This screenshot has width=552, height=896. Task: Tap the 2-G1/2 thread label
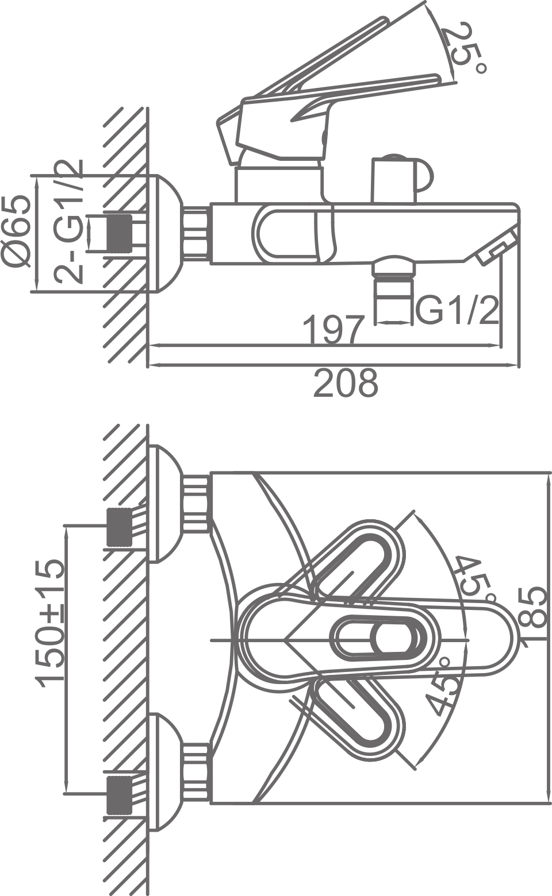[x=69, y=221]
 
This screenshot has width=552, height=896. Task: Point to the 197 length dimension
[x=333, y=329]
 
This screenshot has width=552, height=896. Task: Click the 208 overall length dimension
[x=346, y=383]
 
